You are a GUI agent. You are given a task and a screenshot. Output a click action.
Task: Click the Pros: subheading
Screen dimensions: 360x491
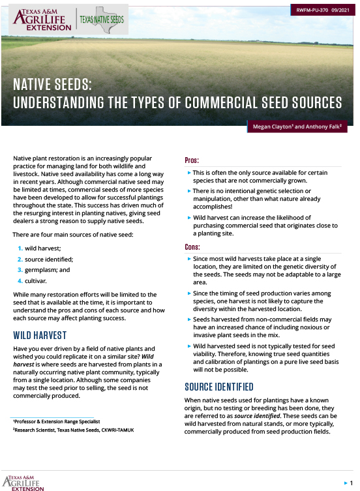(x=192, y=160)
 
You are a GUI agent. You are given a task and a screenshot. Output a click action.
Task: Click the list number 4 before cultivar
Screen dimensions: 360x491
(x=20, y=280)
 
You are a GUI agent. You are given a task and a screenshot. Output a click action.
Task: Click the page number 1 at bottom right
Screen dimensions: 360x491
(x=351, y=482)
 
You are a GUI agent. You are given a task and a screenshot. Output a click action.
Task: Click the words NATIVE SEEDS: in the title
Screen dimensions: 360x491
(x=53, y=85)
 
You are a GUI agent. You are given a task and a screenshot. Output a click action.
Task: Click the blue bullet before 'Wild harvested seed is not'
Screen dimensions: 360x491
(x=189, y=346)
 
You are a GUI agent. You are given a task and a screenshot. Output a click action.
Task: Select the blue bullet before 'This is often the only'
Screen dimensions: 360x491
(x=189, y=173)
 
